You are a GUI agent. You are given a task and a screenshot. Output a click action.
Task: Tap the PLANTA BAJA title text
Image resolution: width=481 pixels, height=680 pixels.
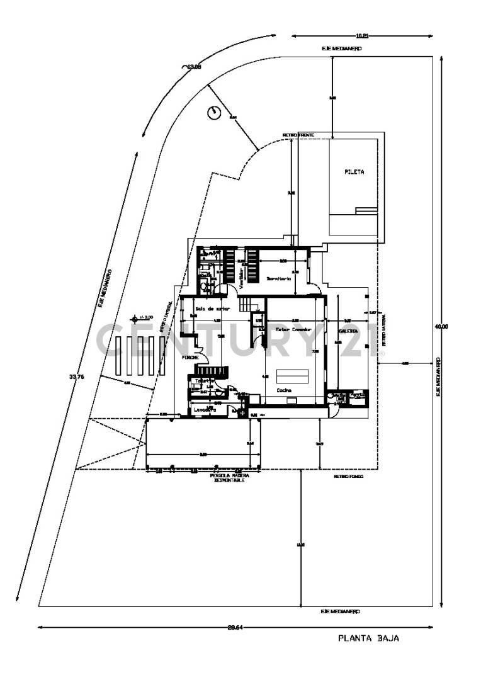point(369,638)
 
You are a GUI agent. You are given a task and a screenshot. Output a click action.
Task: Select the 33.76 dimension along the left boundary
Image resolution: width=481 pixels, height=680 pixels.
point(76,378)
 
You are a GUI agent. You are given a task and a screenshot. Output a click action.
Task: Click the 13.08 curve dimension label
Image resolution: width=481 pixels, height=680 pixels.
point(193,67)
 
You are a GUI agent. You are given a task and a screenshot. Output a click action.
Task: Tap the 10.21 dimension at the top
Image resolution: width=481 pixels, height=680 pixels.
point(362,36)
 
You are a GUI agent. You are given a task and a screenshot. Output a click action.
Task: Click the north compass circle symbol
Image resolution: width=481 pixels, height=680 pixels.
point(213,113)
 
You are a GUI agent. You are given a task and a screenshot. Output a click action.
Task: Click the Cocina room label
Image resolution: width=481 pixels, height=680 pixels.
point(284,390)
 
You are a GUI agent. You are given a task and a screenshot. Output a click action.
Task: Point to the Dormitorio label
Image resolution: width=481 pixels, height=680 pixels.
point(278,278)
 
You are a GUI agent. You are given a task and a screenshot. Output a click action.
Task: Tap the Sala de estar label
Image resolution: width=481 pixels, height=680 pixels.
point(212,309)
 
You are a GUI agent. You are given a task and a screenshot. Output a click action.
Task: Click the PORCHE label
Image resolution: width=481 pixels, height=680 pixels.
point(191,357)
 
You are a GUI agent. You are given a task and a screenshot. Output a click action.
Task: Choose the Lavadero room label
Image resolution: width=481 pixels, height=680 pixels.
point(205,409)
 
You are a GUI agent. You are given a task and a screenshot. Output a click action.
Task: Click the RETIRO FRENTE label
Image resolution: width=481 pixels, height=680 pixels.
point(298,135)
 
